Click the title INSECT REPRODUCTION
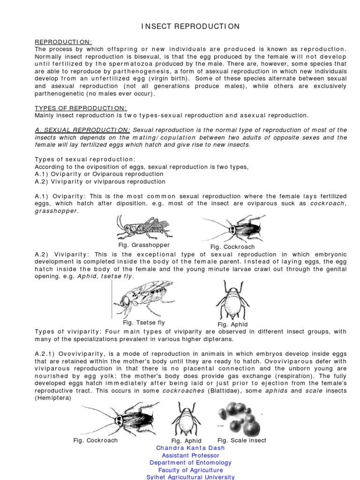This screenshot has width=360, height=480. point(190,27)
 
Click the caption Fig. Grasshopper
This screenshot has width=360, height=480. point(144,245)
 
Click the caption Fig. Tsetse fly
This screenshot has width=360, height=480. point(144,322)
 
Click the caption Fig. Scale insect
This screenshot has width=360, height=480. point(242,440)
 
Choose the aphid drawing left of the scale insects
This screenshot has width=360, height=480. point(186,419)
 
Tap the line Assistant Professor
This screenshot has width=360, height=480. point(190,455)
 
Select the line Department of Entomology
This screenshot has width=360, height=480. point(190,463)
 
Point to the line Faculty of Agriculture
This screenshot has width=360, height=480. point(190,470)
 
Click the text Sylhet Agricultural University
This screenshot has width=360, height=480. point(190,477)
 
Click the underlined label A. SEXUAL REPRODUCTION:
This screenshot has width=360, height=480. point(83,130)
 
